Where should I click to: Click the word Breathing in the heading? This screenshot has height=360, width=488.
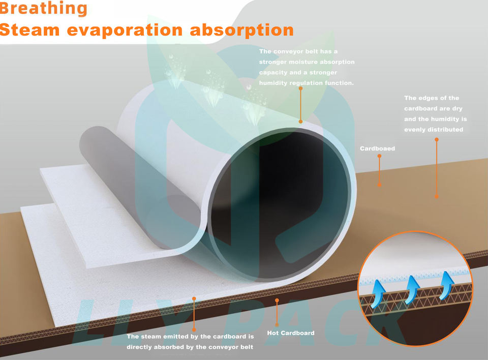pos(44,9)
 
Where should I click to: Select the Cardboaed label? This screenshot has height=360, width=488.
pos(377,148)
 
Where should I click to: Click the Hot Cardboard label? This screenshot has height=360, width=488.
pos(290,333)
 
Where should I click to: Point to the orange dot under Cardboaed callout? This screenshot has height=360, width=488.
pos(379,185)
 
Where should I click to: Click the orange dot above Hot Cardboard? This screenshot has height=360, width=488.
pos(277,300)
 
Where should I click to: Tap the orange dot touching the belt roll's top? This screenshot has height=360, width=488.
pos(300,122)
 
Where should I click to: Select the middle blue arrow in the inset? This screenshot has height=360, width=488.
pos(412,289)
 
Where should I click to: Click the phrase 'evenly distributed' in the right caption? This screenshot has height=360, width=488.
pos(434,130)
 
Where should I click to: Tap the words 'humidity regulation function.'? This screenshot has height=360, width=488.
pos(307,83)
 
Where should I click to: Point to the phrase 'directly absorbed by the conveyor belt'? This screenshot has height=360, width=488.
pos(190,347)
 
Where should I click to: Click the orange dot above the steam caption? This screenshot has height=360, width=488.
pos(194,298)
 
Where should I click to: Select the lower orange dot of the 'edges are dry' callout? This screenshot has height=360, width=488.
pos(436,196)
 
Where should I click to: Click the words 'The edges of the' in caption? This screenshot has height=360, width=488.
pos(432,98)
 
